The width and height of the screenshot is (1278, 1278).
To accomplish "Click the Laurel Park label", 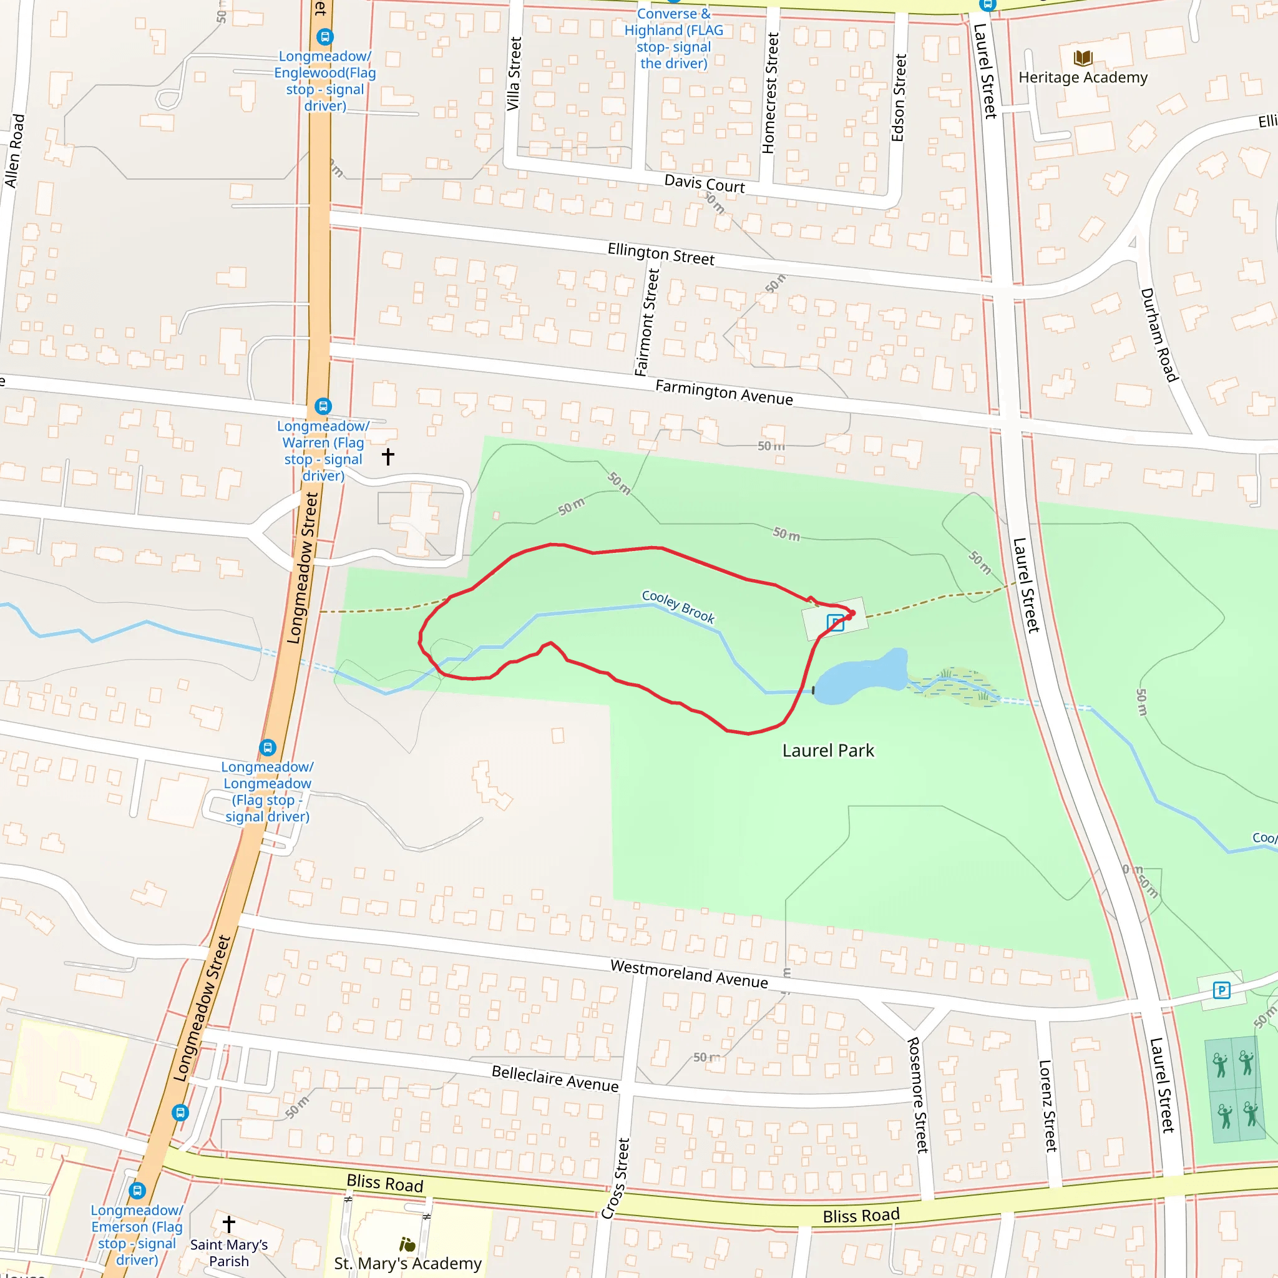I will click(827, 751).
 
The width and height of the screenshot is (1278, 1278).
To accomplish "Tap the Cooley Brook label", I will click(678, 607).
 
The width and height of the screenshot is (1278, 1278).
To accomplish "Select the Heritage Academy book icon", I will click(1083, 58).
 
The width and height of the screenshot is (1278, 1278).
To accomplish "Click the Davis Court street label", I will click(705, 183).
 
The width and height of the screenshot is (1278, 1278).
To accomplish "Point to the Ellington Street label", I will click(661, 254).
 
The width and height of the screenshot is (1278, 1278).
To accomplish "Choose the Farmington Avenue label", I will click(724, 393).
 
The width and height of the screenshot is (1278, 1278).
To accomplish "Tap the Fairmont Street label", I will click(647, 322).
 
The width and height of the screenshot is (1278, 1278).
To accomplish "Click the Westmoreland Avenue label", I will click(689, 974).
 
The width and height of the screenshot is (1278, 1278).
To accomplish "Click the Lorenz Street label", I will click(1048, 1106).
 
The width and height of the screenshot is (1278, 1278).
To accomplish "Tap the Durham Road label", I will click(1159, 334).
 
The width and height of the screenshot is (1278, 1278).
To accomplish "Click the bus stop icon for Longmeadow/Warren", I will click(323, 406).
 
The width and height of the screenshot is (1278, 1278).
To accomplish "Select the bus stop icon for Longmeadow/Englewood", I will click(324, 37).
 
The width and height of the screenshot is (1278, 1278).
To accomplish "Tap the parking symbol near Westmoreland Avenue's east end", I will click(1221, 990).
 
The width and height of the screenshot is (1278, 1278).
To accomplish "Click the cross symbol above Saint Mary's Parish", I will click(229, 1224).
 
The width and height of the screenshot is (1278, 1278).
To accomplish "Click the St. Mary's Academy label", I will click(407, 1264).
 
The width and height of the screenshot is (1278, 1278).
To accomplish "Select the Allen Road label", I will click(14, 151).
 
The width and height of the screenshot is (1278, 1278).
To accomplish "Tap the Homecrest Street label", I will click(769, 93).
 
